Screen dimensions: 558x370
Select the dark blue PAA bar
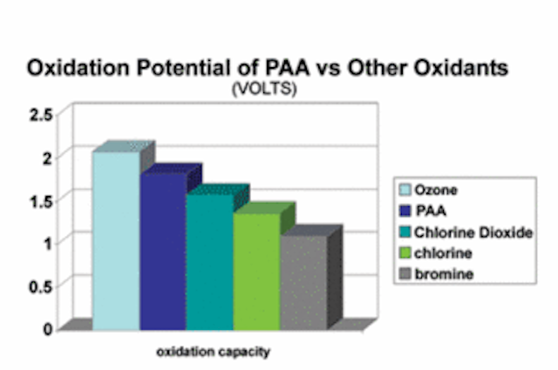163,252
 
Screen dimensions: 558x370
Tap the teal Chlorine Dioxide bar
210,262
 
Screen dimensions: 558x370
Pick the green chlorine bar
257,272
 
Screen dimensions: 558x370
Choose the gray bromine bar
304,282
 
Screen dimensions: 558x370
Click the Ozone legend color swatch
405,190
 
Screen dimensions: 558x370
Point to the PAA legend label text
431,211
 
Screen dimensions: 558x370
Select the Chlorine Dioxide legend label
473,232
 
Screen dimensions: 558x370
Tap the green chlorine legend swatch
405,253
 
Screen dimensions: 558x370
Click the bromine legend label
444,274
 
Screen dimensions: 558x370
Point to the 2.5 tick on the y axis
41,115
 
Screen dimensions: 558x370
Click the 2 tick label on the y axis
48,158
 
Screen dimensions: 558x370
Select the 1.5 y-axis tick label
41,201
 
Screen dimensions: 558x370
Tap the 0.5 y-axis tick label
41,286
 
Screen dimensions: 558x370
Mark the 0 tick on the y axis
48,329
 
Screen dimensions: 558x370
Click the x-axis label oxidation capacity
214,352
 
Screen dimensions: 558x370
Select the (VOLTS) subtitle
264,89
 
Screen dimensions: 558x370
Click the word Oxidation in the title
78,67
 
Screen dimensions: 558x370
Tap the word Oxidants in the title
463,67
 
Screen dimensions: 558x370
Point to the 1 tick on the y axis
48,244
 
